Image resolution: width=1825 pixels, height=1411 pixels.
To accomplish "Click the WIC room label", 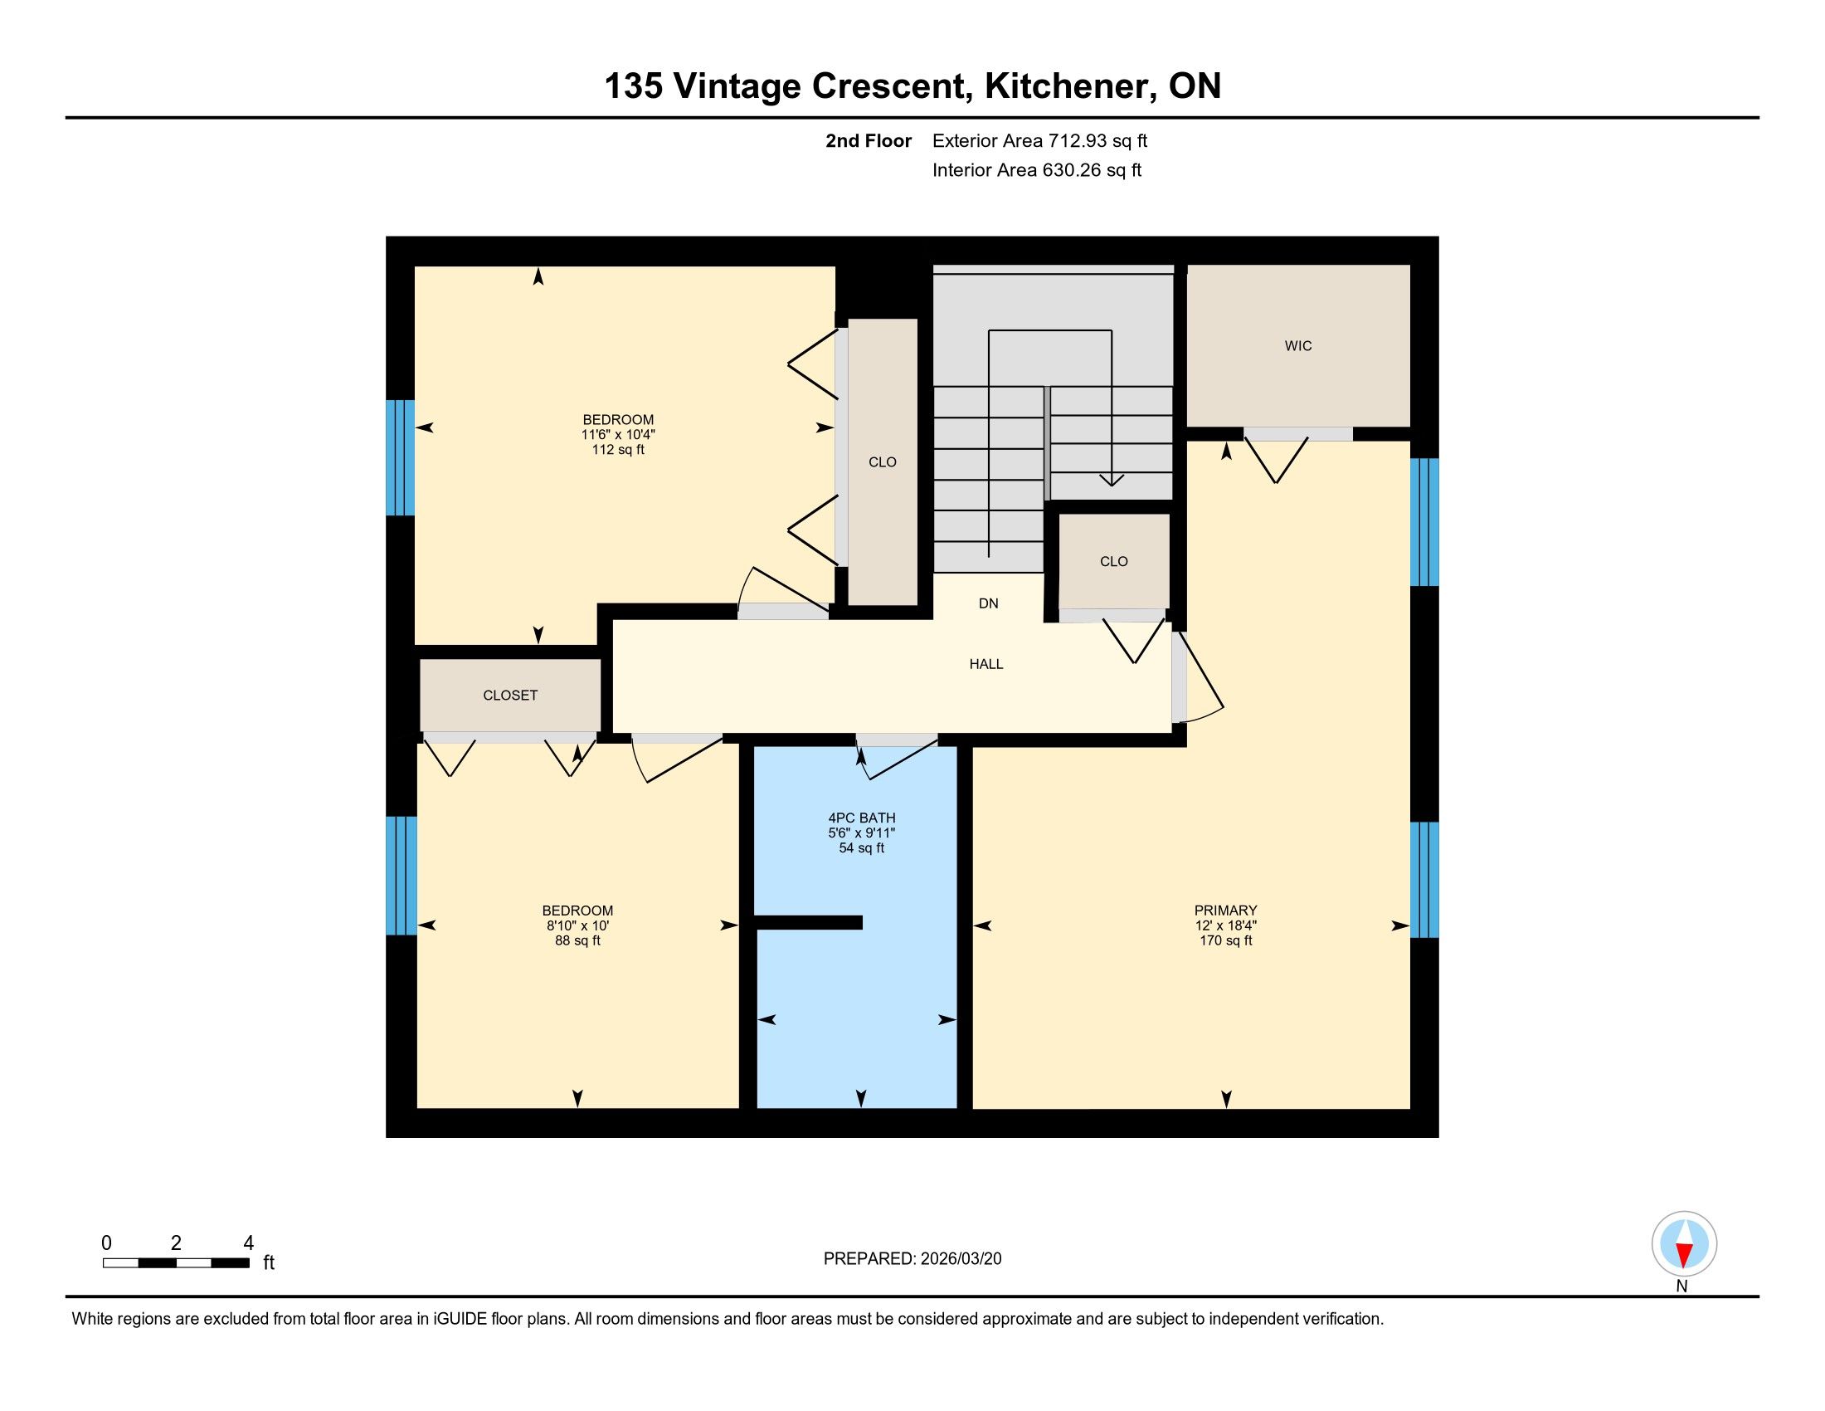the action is tap(1297, 346).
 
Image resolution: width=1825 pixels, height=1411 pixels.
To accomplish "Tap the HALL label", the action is tap(986, 665).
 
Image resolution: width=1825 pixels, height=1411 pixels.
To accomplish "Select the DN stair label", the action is tap(989, 603).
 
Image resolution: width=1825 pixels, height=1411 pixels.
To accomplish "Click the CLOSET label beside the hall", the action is tap(509, 696).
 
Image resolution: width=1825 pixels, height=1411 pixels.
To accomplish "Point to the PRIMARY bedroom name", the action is tap(1226, 911).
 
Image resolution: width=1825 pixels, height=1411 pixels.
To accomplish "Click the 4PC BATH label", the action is tap(862, 818).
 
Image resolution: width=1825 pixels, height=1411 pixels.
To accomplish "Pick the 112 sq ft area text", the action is tap(618, 450).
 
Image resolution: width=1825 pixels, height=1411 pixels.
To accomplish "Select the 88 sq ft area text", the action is tap(577, 940).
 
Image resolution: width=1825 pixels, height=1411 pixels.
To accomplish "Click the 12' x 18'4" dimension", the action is tap(1226, 925).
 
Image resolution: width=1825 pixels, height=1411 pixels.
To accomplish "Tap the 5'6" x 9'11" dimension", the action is tap(862, 833).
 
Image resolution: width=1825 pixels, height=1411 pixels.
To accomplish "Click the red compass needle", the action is tap(1685, 1254).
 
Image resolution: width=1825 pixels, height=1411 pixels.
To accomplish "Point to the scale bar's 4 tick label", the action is tap(248, 1243).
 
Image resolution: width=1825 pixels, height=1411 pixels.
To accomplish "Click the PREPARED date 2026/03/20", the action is tap(961, 1259).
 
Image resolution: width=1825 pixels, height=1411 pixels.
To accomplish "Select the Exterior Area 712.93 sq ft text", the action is tap(1039, 141).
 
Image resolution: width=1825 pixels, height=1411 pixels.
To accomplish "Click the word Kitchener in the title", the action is tap(1069, 86).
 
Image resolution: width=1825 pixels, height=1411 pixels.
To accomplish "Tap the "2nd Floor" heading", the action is tap(869, 141).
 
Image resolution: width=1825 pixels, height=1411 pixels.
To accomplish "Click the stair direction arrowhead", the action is tap(1112, 480).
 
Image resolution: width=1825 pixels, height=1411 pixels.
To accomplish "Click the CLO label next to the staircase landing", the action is tap(1114, 562).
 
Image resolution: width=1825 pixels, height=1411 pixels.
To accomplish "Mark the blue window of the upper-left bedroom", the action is tap(401, 458).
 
